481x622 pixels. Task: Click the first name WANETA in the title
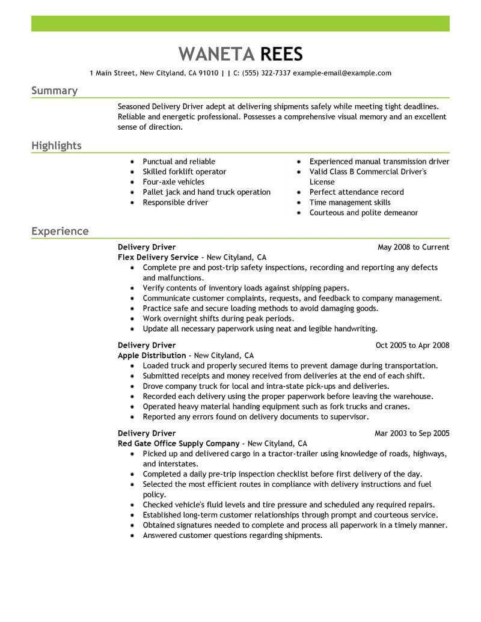[x=216, y=53]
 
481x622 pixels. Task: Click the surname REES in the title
[x=281, y=53]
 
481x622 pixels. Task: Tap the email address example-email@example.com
[x=342, y=73]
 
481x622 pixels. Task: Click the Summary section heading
[x=54, y=91]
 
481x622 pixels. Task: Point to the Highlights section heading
[x=57, y=146]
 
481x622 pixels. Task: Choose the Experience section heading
[x=60, y=231]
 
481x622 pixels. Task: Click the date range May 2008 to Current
[x=413, y=247]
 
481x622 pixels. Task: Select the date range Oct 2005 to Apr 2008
[x=412, y=346]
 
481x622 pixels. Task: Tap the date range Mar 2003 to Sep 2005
[x=412, y=433]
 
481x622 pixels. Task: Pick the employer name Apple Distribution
[x=152, y=356]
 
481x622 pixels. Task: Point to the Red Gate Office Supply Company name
[x=179, y=444]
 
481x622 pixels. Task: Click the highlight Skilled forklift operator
[x=185, y=172]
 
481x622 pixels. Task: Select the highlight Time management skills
[x=350, y=203]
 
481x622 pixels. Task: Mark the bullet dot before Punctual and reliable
[x=132, y=162]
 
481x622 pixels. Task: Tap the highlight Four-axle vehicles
[x=174, y=182]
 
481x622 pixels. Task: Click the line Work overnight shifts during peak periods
[x=218, y=319]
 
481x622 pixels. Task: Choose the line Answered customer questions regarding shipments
[x=233, y=535]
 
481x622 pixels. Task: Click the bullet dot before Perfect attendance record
[x=299, y=192]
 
